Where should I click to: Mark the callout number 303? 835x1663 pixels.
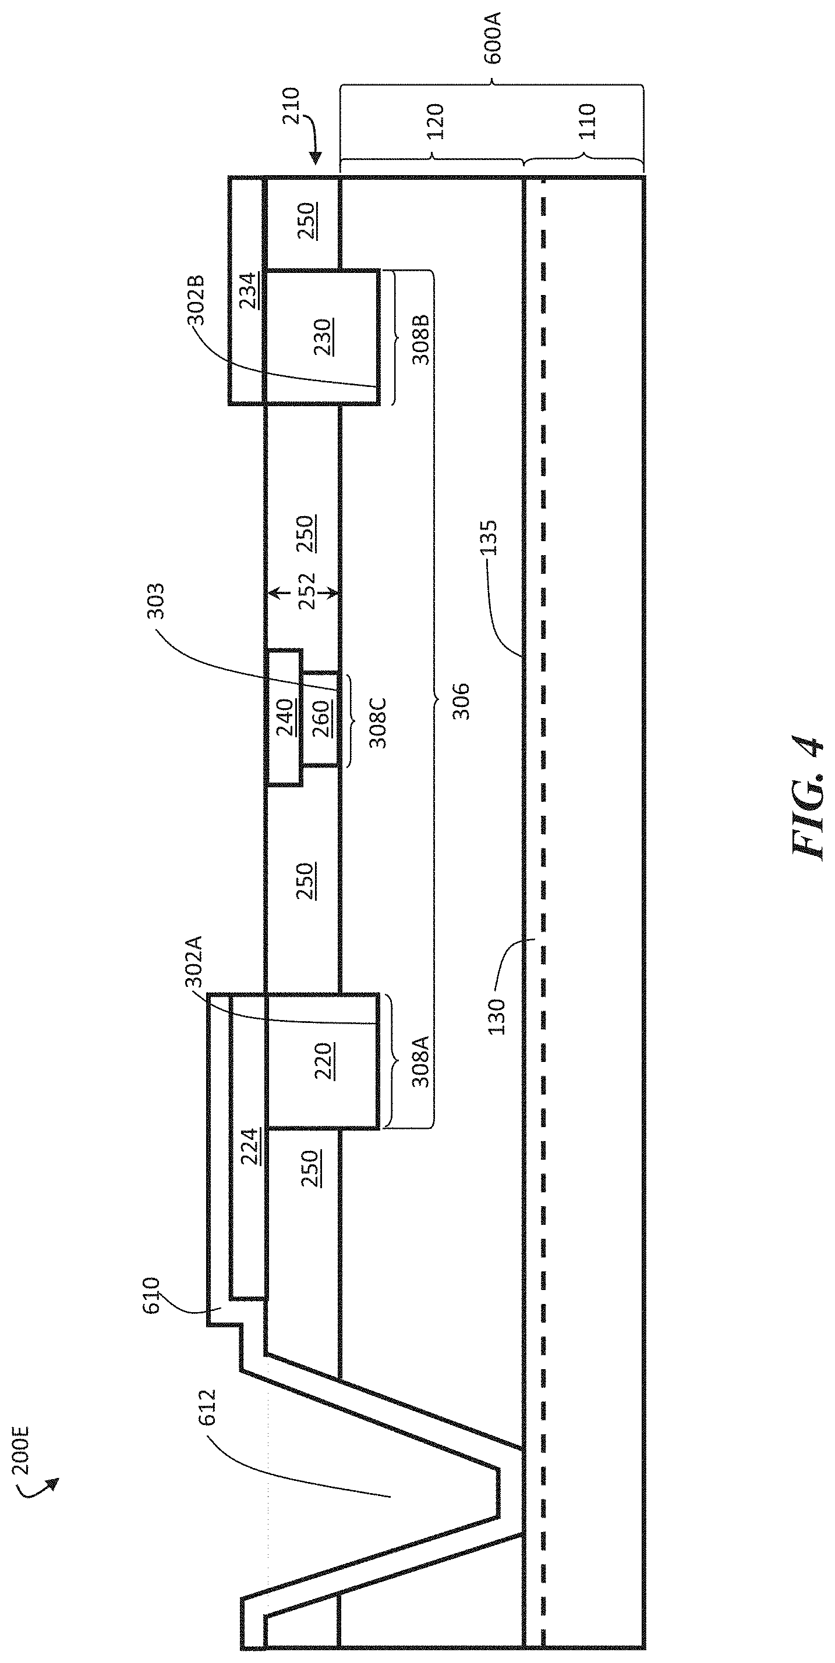155,601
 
